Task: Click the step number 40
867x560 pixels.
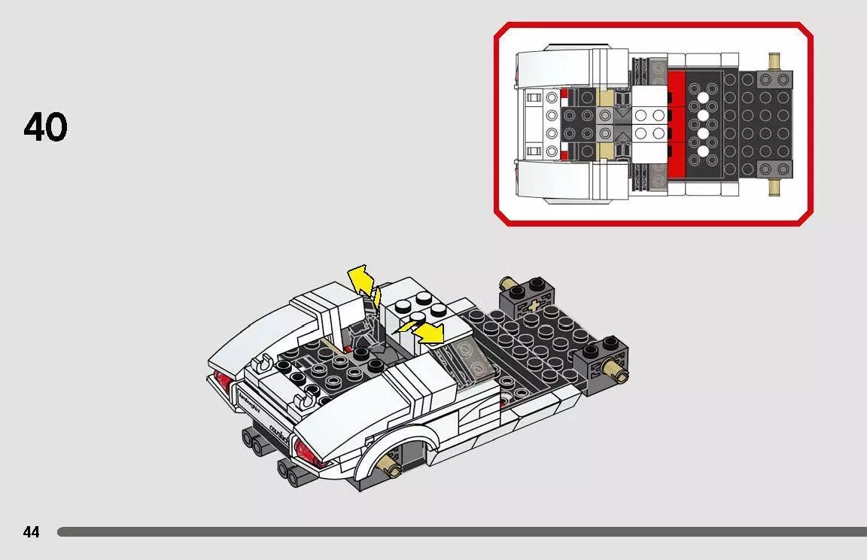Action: tap(46, 127)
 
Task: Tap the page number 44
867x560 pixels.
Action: tap(31, 532)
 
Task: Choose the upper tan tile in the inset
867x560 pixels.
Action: tap(604, 99)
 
